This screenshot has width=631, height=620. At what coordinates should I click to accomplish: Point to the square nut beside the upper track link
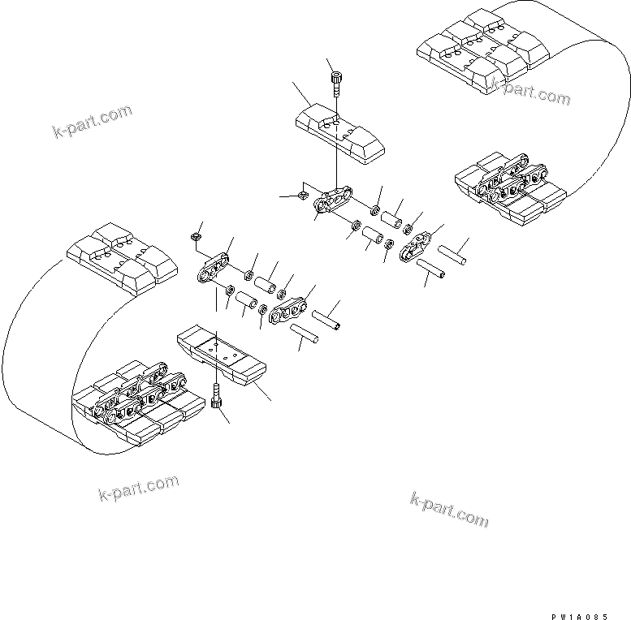pyautogui.click(x=300, y=195)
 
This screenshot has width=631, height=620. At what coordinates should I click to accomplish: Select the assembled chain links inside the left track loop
pyautogui.click(x=138, y=398)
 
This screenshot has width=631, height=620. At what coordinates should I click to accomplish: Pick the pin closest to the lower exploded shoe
pyautogui.click(x=302, y=335)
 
